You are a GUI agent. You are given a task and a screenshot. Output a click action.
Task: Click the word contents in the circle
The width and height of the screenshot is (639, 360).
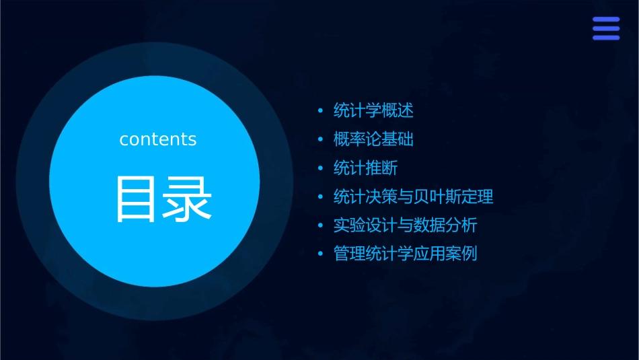[158, 139]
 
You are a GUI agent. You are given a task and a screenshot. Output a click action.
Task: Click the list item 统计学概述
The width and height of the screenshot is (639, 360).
[373, 110]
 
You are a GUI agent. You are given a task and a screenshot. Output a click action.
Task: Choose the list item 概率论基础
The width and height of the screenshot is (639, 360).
[373, 139]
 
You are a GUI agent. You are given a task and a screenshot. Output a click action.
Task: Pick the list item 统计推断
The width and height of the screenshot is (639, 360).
[365, 168]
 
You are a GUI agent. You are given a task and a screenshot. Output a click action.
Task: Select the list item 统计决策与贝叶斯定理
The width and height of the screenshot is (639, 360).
[413, 197]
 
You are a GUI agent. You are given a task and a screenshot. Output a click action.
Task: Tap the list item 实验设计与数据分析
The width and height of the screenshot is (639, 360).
[405, 225]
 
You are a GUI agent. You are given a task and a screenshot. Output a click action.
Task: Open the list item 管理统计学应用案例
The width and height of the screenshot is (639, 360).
[405, 254]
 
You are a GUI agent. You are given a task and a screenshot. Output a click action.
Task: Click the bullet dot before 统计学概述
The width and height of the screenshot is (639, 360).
[320, 110]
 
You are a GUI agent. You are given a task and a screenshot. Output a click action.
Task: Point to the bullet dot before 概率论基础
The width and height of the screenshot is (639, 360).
[320, 139]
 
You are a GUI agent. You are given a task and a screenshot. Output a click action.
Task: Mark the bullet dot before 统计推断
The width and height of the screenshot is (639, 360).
[320, 168]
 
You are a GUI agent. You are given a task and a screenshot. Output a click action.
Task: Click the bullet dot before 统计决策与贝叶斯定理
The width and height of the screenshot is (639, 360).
[320, 197]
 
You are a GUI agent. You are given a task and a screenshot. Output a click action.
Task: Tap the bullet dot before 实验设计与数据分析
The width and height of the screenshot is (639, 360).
[320, 226]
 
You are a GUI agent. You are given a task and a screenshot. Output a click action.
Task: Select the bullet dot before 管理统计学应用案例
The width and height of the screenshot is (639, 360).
[320, 255]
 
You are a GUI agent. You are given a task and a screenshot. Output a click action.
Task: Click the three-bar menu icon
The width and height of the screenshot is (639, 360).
[606, 29]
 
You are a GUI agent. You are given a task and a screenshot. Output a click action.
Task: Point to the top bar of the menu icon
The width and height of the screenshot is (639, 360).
[606, 20]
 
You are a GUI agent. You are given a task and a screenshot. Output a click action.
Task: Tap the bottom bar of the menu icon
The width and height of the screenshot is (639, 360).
[606, 38]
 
